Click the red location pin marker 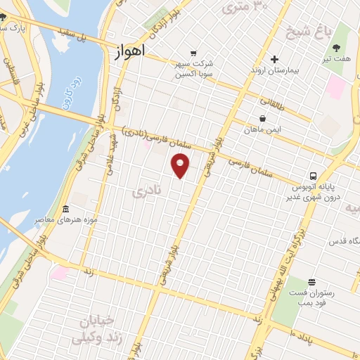click(x=181, y=166)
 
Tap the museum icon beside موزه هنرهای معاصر click(x=66, y=209)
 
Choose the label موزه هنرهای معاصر click(x=71, y=221)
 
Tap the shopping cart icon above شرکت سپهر click(x=193, y=53)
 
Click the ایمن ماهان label click(x=264, y=130)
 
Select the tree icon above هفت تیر click(x=335, y=49)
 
